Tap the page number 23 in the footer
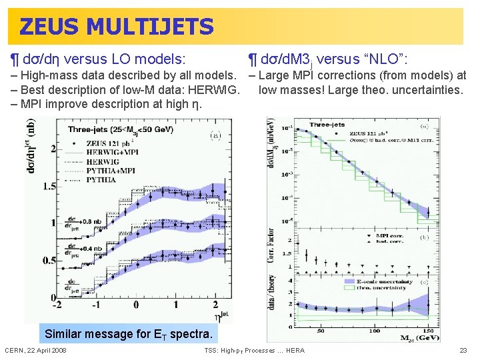click(463, 351)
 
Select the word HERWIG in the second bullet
click(215, 89)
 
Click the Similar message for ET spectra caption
click(128, 334)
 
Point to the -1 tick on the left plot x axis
click(96, 305)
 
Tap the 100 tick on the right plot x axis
click(375, 331)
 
